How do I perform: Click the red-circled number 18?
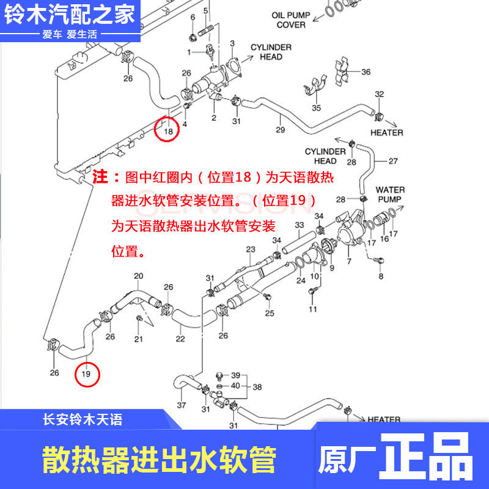(x=168, y=130)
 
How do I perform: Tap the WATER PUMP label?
(x=390, y=194)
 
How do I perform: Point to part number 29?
(x=281, y=130)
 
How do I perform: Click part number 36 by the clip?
(x=366, y=72)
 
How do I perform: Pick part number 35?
(x=316, y=108)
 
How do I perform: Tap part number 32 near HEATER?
(x=379, y=94)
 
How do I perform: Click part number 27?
(x=393, y=161)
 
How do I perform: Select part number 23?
(x=250, y=249)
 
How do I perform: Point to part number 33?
(x=299, y=226)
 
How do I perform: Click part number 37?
(x=182, y=405)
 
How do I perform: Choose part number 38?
(x=257, y=386)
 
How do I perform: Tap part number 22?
(x=180, y=339)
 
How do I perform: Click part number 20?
(x=138, y=276)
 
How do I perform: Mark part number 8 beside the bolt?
(x=381, y=276)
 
